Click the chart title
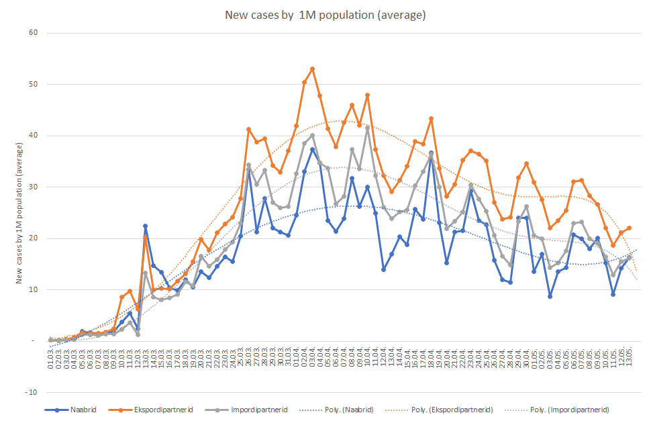tap(325, 15)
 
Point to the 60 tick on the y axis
tap(31, 33)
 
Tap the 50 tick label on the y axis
tap(31, 84)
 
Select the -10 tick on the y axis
tap(30, 392)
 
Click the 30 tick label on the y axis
tap(31, 187)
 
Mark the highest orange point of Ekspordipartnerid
tap(312, 68)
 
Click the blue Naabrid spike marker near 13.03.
tap(145, 226)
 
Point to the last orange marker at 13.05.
tap(629, 228)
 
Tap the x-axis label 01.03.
tap(51, 356)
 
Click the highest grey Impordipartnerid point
tap(368, 128)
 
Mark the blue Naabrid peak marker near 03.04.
tap(312, 149)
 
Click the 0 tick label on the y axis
tap(33, 341)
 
